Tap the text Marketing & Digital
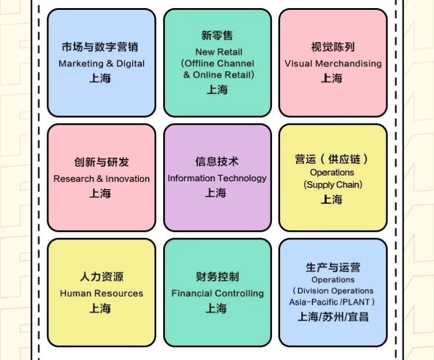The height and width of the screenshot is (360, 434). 101,63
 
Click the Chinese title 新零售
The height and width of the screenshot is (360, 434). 217,36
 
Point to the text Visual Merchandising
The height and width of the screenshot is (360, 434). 333,63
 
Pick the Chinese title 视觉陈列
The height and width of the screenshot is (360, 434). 333,47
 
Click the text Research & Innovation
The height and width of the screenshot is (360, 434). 101,179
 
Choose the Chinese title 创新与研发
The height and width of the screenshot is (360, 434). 101,163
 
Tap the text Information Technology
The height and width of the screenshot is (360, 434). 217,178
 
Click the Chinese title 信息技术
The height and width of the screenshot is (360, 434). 217,162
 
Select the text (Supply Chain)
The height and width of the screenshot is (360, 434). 333,185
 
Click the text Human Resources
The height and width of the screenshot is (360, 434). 101,294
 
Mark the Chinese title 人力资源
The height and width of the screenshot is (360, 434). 101,277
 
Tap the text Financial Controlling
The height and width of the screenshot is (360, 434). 217,294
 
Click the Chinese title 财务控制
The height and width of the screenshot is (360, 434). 217,277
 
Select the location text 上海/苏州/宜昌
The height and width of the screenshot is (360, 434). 333,316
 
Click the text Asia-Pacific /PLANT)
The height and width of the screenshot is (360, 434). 332,302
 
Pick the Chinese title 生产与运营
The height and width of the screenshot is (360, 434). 333,268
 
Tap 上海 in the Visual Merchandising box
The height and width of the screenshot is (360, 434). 332,78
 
